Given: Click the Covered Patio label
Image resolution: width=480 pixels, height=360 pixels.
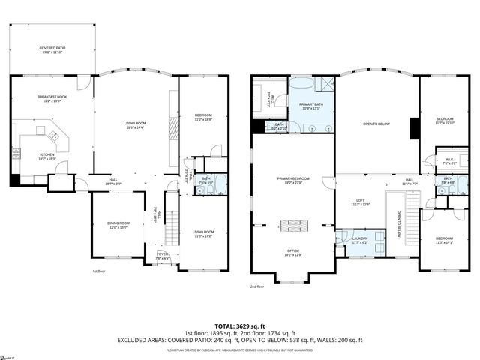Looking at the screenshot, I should click(x=52, y=50).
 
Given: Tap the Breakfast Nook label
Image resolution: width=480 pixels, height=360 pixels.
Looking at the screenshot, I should click(x=52, y=98).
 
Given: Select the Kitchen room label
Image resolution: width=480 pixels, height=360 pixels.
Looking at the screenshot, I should click(x=46, y=157).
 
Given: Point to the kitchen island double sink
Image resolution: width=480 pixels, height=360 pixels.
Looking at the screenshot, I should click(x=55, y=136).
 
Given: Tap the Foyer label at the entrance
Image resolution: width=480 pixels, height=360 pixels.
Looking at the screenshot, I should click(x=162, y=256).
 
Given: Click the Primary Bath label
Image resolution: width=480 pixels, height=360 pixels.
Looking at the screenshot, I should click(x=311, y=106).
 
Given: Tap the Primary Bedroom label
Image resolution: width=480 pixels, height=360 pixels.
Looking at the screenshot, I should click(x=292, y=181).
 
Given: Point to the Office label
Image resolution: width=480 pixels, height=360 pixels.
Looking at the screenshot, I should click(x=292, y=253).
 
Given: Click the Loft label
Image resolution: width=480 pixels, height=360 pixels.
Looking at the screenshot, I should click(x=361, y=202).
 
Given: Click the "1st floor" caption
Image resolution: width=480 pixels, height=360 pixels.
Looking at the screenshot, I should click(x=99, y=271).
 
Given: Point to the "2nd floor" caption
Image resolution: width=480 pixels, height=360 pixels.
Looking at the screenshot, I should click(x=257, y=286).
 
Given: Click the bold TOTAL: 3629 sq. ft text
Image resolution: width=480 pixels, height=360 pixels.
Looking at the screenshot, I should click(x=239, y=323).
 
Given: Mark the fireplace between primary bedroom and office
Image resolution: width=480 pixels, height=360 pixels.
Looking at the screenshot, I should click(x=292, y=225).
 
